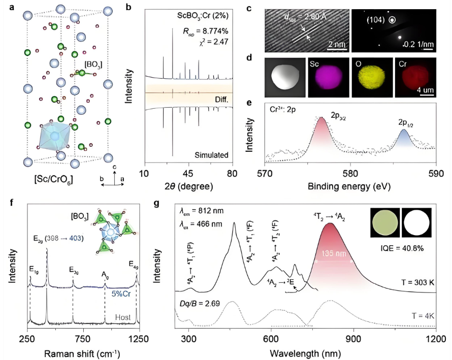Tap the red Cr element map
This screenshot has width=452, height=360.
point(414,78)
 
